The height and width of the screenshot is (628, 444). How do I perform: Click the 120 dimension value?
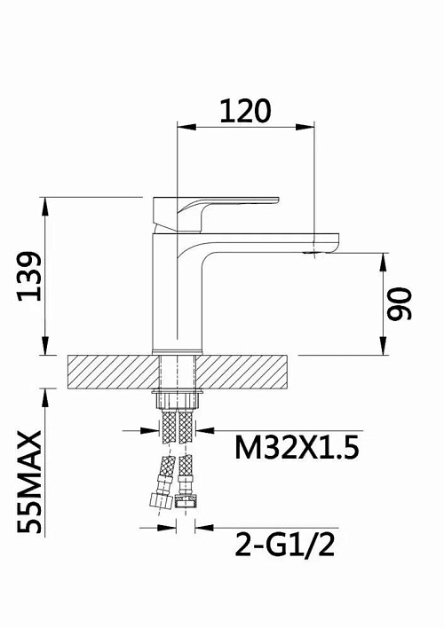[x=245, y=111]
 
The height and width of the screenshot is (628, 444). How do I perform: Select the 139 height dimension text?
[x=29, y=276]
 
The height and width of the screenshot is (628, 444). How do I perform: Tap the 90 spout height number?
[x=399, y=303]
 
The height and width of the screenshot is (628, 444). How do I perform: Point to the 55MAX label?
[x=29, y=482]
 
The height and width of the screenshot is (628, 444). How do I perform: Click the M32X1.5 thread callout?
[x=297, y=448]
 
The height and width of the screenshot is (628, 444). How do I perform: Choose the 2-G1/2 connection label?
[x=285, y=545]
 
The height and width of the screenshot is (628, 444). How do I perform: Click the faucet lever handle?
[x=216, y=214]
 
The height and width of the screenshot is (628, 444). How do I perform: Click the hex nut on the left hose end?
[x=161, y=500]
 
